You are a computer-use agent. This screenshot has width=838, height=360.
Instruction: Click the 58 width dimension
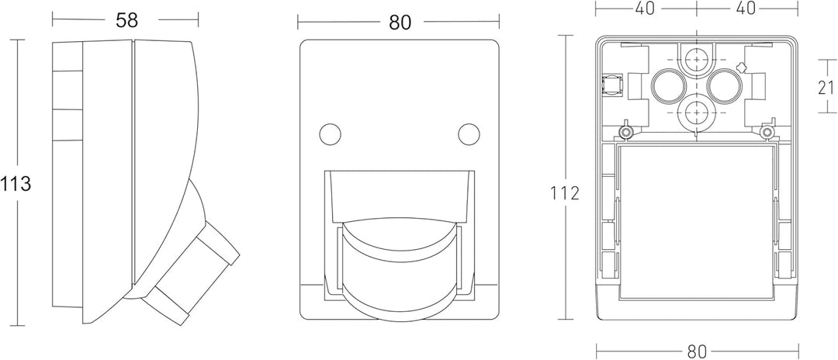coord(126,19)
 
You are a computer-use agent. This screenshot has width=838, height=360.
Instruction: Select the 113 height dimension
coord(16,184)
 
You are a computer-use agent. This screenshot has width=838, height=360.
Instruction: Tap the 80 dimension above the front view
coord(400,22)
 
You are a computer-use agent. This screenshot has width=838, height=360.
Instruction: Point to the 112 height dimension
coord(565,193)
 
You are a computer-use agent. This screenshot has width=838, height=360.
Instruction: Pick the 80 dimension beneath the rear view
coord(696,351)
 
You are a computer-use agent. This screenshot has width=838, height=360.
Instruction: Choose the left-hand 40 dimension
coord(645,9)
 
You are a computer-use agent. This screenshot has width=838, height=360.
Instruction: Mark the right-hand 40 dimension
coord(746,9)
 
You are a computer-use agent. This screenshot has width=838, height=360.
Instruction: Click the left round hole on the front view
coord(331,133)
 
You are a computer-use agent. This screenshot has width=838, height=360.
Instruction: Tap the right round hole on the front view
coord(469,133)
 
